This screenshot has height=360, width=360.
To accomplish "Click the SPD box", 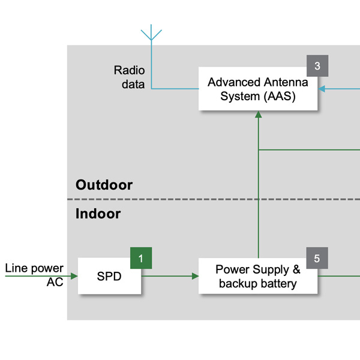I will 110,276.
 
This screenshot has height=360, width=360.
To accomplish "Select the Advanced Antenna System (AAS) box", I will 258,89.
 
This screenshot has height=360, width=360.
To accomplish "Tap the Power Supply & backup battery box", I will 258,276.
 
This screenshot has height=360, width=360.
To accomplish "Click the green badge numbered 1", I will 141,259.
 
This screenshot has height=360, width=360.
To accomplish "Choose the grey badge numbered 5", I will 317,259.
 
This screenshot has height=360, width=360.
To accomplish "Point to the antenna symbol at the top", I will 152,32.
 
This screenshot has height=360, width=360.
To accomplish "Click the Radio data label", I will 129,77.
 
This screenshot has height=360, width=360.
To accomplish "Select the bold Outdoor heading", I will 104,185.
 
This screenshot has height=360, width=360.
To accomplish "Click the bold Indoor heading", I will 98,214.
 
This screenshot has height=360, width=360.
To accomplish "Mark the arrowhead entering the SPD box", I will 74,276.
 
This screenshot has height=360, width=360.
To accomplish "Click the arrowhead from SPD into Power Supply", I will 195,276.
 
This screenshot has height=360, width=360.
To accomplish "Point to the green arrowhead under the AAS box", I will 258,115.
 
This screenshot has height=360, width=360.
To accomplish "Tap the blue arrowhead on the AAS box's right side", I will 322,89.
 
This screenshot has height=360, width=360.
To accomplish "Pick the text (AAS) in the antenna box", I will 280,96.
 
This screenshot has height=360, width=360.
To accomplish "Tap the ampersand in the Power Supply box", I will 296,269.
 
